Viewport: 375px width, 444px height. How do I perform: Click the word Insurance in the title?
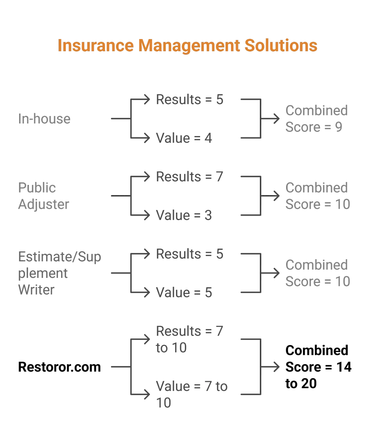(x=96, y=45)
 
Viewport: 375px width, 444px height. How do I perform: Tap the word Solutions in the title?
(x=281, y=45)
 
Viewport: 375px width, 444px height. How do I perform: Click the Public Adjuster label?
(x=43, y=196)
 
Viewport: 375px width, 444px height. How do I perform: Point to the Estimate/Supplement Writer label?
(x=59, y=273)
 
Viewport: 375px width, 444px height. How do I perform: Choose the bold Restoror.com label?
(x=59, y=367)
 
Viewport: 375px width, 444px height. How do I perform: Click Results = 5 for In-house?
(x=190, y=99)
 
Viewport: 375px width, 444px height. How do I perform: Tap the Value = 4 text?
(x=184, y=138)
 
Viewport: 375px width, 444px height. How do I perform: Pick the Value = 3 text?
(x=184, y=215)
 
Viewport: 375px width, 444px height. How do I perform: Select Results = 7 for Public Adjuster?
(x=190, y=176)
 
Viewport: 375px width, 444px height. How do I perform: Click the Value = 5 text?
(x=184, y=292)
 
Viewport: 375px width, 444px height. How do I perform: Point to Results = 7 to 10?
(x=190, y=339)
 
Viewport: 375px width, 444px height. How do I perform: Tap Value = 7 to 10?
(x=192, y=395)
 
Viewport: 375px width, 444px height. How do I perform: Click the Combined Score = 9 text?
(x=317, y=119)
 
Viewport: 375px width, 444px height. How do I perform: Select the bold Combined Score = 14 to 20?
(x=318, y=367)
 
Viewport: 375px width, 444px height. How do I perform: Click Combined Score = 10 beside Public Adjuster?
(x=317, y=196)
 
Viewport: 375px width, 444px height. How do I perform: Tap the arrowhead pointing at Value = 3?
(x=147, y=215)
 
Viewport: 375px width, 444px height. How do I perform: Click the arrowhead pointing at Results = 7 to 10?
(x=147, y=339)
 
